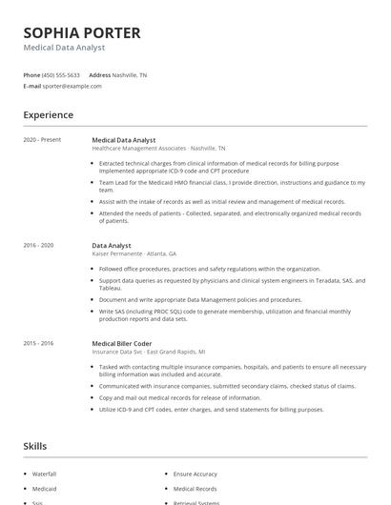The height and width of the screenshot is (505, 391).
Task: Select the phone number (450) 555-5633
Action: coord(61,74)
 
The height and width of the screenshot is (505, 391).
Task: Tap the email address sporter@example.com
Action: coord(72,86)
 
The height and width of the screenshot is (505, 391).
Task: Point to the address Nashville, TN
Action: coord(131,74)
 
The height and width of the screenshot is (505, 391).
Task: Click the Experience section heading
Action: coord(49,115)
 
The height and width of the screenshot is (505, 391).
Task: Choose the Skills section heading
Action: coord(36,446)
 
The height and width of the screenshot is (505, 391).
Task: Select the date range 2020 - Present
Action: coord(42,140)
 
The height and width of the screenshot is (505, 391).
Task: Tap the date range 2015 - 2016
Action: coord(38,343)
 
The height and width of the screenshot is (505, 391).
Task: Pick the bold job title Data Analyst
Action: coord(112,246)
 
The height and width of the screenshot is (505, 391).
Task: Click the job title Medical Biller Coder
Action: coord(123,343)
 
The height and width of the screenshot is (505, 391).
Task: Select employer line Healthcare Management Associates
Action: coord(139,149)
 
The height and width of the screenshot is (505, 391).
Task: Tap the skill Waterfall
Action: coord(45,474)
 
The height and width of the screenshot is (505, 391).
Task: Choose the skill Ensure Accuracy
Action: coord(195,474)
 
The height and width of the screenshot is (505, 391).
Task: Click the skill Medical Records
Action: coord(195,489)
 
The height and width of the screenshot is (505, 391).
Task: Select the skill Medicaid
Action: coord(45,489)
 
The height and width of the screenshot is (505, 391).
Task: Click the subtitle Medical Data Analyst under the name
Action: coord(64,48)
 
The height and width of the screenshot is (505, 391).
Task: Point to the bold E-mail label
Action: coord(32,86)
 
